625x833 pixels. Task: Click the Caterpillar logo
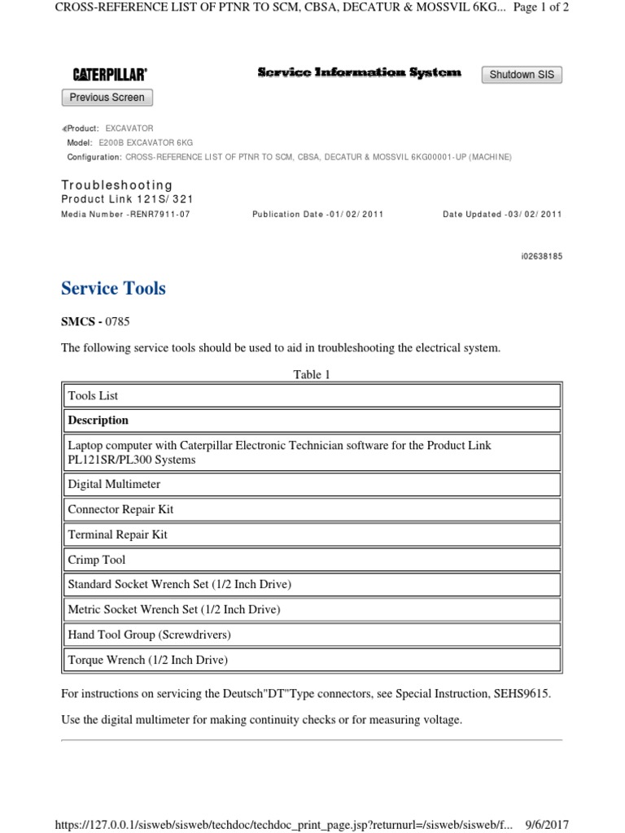click(110, 75)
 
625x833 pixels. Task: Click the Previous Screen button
click(107, 98)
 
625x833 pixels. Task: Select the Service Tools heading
click(113, 289)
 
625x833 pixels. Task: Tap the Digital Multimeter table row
click(312, 485)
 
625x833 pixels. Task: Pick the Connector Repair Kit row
click(312, 510)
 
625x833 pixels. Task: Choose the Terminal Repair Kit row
click(312, 535)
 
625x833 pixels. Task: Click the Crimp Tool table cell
click(312, 560)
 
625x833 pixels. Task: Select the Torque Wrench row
click(312, 660)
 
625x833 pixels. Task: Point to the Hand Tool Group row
click(312, 635)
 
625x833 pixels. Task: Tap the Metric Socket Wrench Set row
click(312, 609)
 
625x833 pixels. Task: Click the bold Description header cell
click(312, 421)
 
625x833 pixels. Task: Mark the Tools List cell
click(312, 396)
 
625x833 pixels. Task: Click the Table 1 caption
click(312, 375)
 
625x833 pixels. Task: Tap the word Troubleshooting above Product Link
click(117, 185)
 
